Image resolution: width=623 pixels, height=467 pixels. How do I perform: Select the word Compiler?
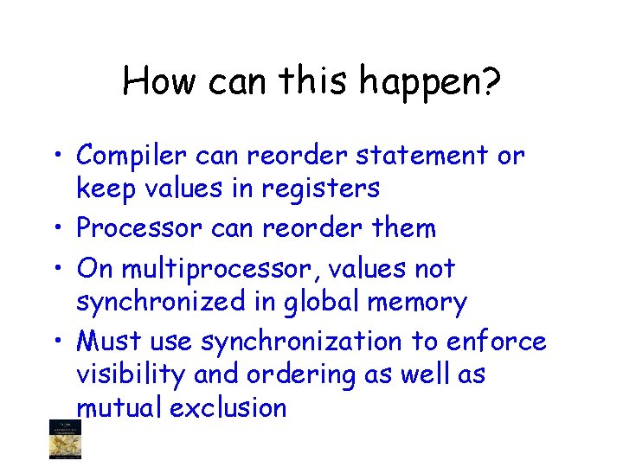(x=131, y=157)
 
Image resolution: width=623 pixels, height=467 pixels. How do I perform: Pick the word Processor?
(x=134, y=228)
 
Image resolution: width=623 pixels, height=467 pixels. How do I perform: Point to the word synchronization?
(x=301, y=342)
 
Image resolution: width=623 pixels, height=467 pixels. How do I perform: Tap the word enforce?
(x=496, y=342)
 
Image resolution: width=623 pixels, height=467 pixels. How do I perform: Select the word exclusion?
(x=228, y=407)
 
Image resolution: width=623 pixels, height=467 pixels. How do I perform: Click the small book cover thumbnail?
(x=63, y=438)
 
